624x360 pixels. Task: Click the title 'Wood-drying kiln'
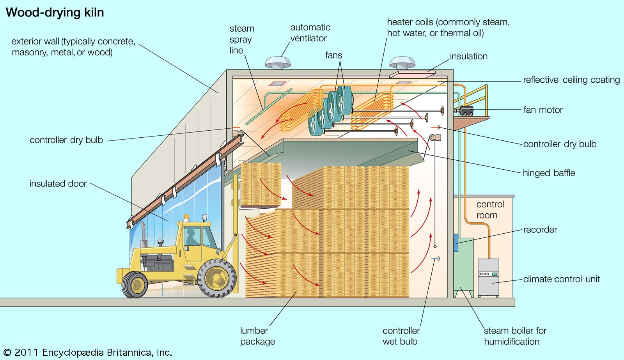55,12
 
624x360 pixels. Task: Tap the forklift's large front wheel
216,278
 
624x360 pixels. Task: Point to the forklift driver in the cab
191,237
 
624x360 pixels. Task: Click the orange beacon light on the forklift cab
186,217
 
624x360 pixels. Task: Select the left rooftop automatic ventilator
278,62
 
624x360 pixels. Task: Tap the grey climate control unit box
488,278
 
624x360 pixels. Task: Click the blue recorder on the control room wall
456,242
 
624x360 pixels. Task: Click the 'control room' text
490,209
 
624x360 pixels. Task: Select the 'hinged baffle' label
549,173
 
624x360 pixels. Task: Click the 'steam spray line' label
241,39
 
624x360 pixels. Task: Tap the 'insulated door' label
58,183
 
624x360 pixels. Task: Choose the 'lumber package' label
257,336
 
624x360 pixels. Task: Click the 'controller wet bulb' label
401,336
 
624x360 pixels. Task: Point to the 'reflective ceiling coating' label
571,80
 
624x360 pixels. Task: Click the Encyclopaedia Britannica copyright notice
88,353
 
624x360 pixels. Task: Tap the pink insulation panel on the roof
412,74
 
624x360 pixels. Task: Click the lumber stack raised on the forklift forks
261,184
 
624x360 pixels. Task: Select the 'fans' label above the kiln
333,55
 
